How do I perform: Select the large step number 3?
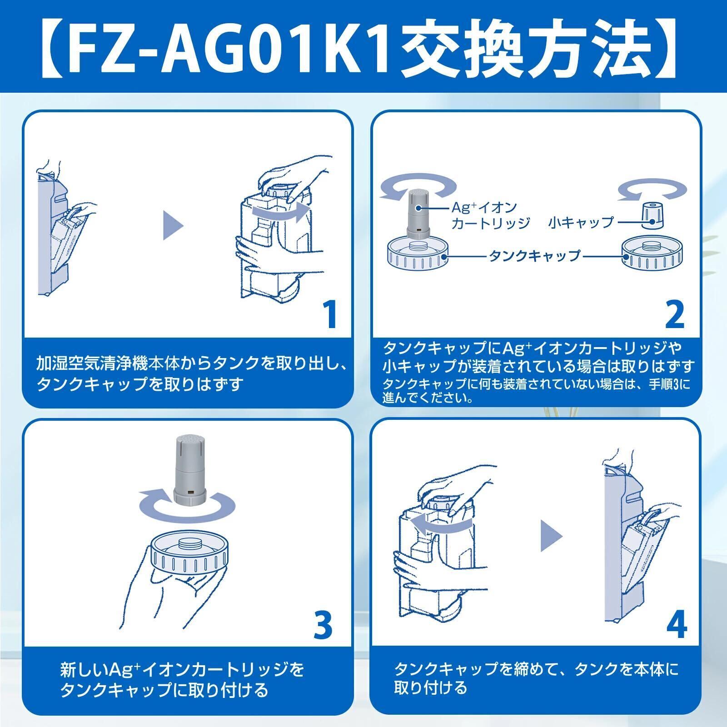[323, 624]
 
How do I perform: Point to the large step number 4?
[676, 624]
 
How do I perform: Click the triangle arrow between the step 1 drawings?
[173, 226]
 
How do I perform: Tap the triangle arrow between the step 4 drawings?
[551, 535]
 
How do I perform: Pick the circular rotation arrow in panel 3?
[187, 507]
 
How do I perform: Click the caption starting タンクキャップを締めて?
[536, 677]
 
